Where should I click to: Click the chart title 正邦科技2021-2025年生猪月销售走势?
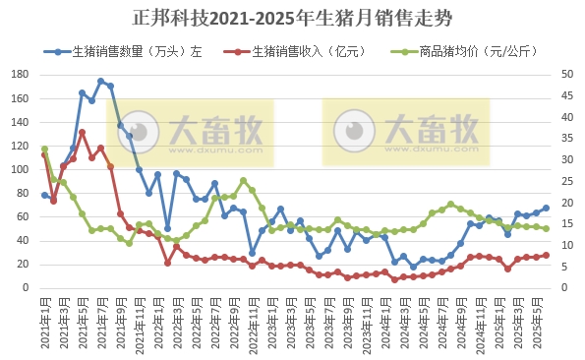point(292,19)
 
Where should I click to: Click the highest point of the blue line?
point(101,81)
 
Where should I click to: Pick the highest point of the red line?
point(83,132)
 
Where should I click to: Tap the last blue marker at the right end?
point(547,208)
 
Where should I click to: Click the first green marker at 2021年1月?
point(44,149)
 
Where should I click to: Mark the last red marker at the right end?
point(547,255)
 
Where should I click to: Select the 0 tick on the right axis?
point(565,288)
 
